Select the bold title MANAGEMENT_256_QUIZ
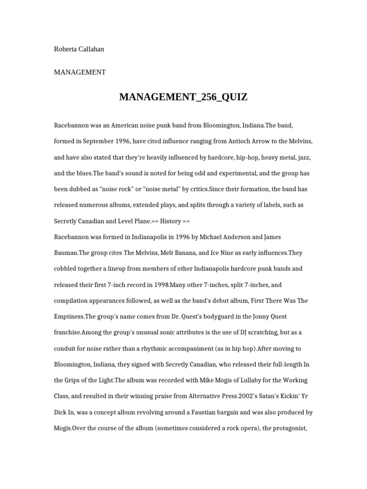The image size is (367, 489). point(183,97)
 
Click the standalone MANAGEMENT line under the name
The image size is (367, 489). point(80,72)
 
